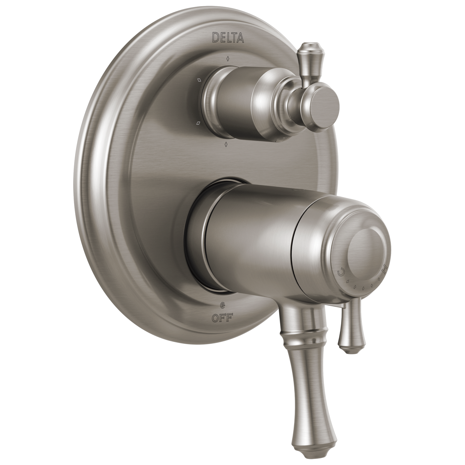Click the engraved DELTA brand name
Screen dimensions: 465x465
click(x=228, y=38)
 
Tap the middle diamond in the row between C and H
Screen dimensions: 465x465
click(x=364, y=288)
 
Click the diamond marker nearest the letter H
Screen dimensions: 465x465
click(x=379, y=279)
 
